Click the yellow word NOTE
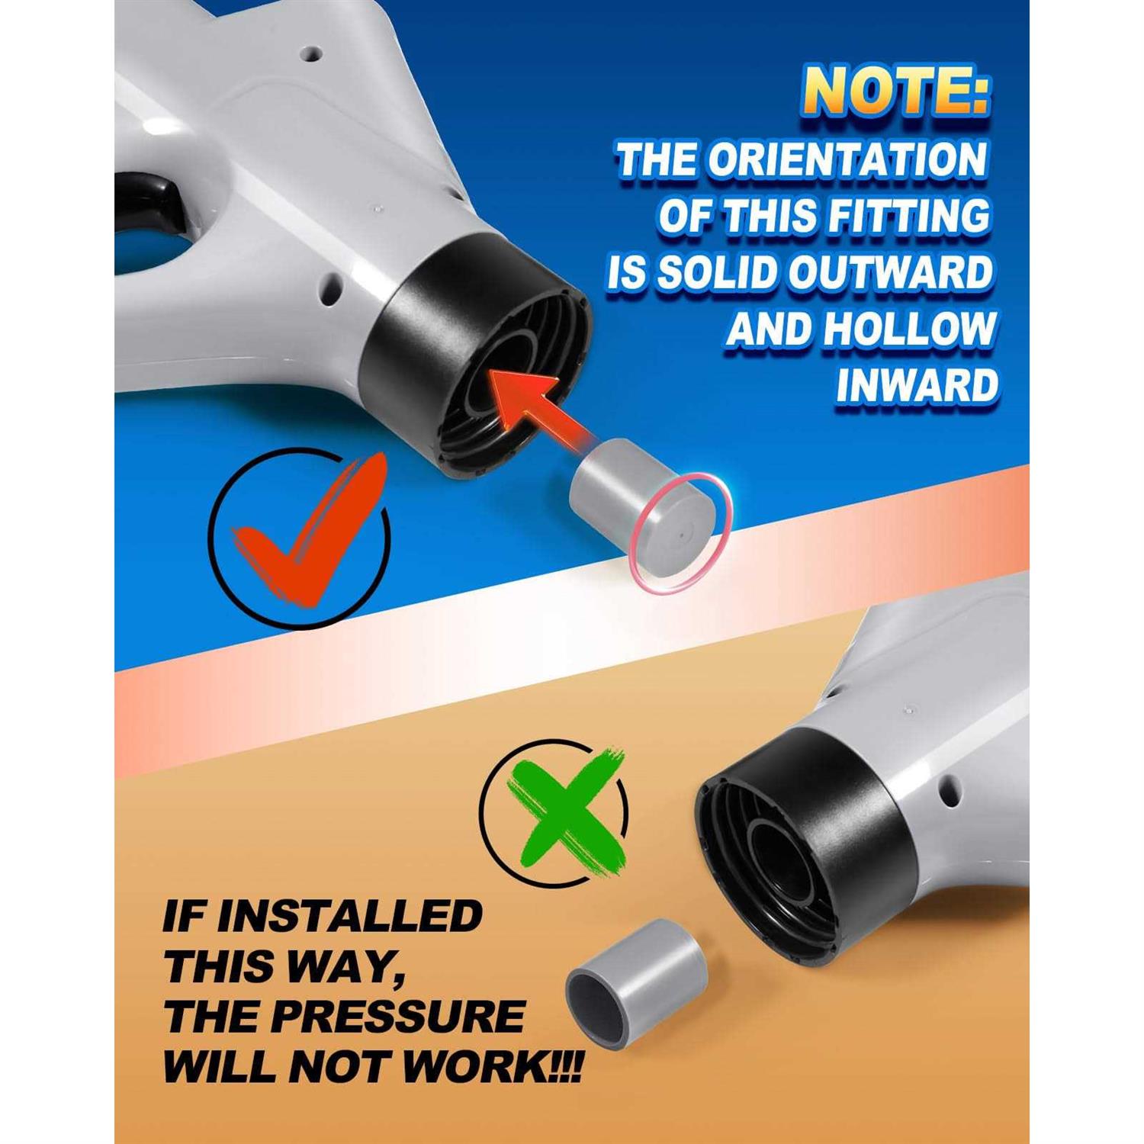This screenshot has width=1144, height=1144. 896,92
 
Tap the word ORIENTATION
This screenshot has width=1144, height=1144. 847,159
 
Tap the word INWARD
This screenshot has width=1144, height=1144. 917,385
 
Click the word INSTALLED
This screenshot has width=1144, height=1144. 349,915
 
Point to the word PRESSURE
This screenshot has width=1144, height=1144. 397,1017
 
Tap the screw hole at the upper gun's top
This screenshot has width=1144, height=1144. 310,54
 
